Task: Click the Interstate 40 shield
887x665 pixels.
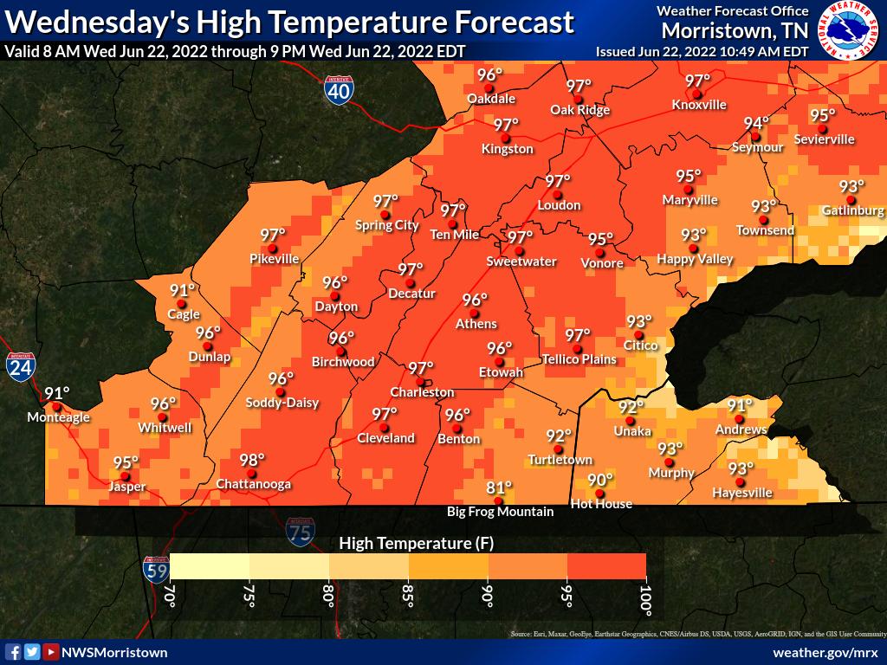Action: pyautogui.click(x=339, y=90)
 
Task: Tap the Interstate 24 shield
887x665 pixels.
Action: pyautogui.click(x=19, y=367)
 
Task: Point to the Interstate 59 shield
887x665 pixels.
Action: pyautogui.click(x=156, y=568)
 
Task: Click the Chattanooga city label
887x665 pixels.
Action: pyautogui.click(x=253, y=484)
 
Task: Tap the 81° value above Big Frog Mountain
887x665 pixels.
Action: pyautogui.click(x=499, y=487)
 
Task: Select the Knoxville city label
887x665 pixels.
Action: pyautogui.click(x=699, y=105)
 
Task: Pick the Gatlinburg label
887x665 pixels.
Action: pyautogui.click(x=852, y=210)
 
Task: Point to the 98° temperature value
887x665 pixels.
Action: pyautogui.click(x=252, y=460)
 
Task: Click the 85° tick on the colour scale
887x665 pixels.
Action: pyautogui.click(x=408, y=597)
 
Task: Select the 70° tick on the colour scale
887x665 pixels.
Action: pyautogui.click(x=170, y=597)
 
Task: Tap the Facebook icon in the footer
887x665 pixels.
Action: pyautogui.click(x=13, y=652)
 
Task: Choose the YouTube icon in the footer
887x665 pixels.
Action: pyautogui.click(x=51, y=652)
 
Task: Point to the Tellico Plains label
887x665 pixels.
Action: pyautogui.click(x=579, y=359)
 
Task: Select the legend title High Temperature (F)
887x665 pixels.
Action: pyautogui.click(x=406, y=543)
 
